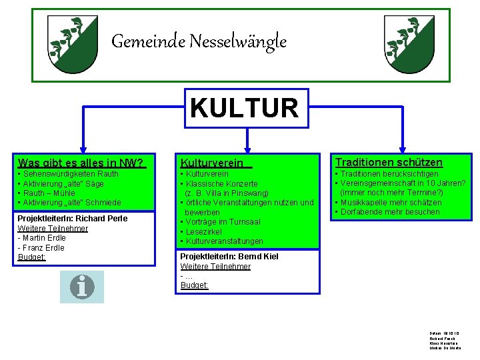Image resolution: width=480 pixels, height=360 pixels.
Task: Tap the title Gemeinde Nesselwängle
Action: coord(199,42)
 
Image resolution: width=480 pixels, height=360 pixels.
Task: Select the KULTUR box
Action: coord(245,107)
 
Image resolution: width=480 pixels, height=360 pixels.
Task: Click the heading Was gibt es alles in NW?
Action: coord(81,163)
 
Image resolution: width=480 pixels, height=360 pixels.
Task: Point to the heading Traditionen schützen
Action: coord(389,162)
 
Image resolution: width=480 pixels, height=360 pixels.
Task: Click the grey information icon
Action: coord(82,287)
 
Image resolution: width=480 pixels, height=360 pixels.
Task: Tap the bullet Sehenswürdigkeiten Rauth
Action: coord(70,174)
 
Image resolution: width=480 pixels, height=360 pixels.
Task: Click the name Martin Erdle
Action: coord(43,238)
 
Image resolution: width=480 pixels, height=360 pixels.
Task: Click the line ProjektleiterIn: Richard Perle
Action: coord(72,219)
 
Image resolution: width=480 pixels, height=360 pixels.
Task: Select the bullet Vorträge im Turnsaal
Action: coord(222,222)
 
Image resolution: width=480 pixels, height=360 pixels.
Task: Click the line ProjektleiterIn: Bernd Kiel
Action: coord(229,257)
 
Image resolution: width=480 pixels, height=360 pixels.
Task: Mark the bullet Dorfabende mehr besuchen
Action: coord(389,212)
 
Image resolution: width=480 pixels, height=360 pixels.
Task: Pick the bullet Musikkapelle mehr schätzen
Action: coord(389,203)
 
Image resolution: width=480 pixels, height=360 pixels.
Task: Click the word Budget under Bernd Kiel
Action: coord(194,285)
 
